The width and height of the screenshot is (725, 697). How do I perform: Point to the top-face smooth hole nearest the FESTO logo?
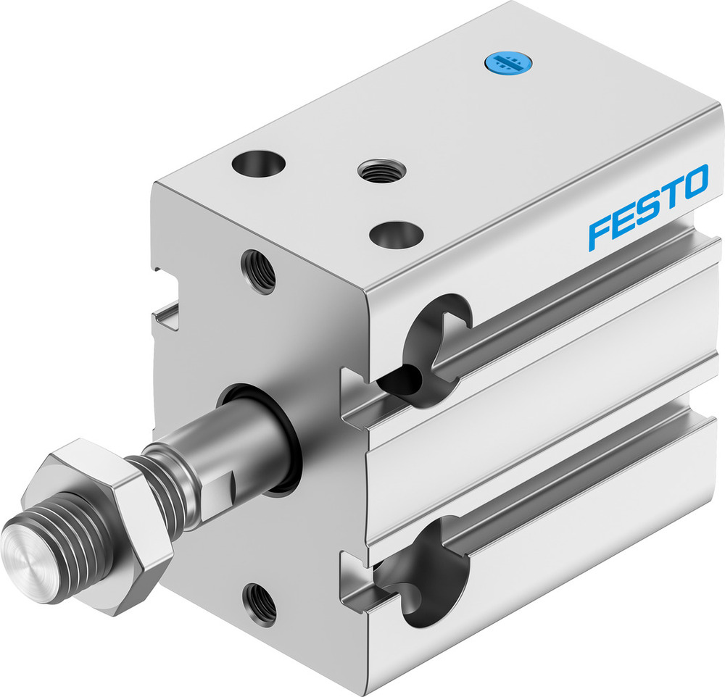396,235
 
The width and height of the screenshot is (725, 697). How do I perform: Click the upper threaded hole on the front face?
259,270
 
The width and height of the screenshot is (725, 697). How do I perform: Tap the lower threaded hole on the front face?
259,603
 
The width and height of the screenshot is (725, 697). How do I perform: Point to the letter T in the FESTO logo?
668,196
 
